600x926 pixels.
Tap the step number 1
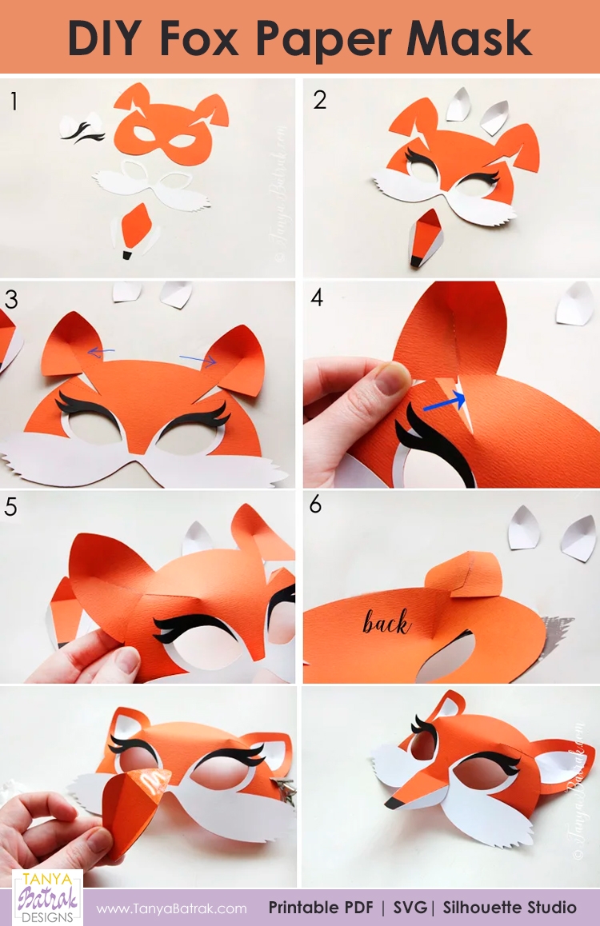click(14, 101)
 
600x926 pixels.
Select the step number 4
click(317, 298)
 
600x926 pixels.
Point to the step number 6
click(316, 505)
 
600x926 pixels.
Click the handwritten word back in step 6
click(386, 622)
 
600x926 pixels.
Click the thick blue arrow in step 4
click(446, 400)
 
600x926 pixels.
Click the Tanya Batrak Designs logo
click(47, 896)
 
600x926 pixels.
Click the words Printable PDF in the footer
click(326, 908)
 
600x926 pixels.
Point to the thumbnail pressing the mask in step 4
click(390, 378)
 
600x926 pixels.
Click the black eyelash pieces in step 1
click(82, 130)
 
